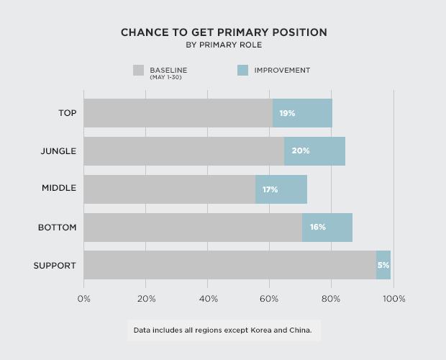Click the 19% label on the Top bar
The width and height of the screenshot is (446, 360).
(x=287, y=113)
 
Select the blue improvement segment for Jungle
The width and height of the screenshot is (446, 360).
(x=314, y=151)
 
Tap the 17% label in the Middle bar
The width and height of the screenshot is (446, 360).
(x=270, y=189)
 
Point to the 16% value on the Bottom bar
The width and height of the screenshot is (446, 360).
(x=318, y=227)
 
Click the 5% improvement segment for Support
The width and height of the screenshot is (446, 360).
(x=383, y=265)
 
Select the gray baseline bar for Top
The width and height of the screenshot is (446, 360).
(x=178, y=113)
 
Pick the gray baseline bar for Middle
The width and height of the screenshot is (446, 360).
(x=169, y=189)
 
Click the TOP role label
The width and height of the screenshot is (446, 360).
(x=68, y=113)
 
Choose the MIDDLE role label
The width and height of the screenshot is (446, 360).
(x=59, y=189)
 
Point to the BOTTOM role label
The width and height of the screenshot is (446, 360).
(x=58, y=228)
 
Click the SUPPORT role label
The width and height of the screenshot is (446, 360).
(x=55, y=266)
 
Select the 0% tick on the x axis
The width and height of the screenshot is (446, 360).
(x=84, y=299)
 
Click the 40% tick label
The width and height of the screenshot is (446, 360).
(x=208, y=299)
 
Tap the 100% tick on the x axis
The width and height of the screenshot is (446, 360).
(x=394, y=299)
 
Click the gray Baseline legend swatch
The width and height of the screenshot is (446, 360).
(x=139, y=71)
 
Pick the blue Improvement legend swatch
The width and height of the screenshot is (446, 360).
(x=242, y=71)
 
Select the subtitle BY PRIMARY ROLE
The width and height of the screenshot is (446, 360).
(x=223, y=45)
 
